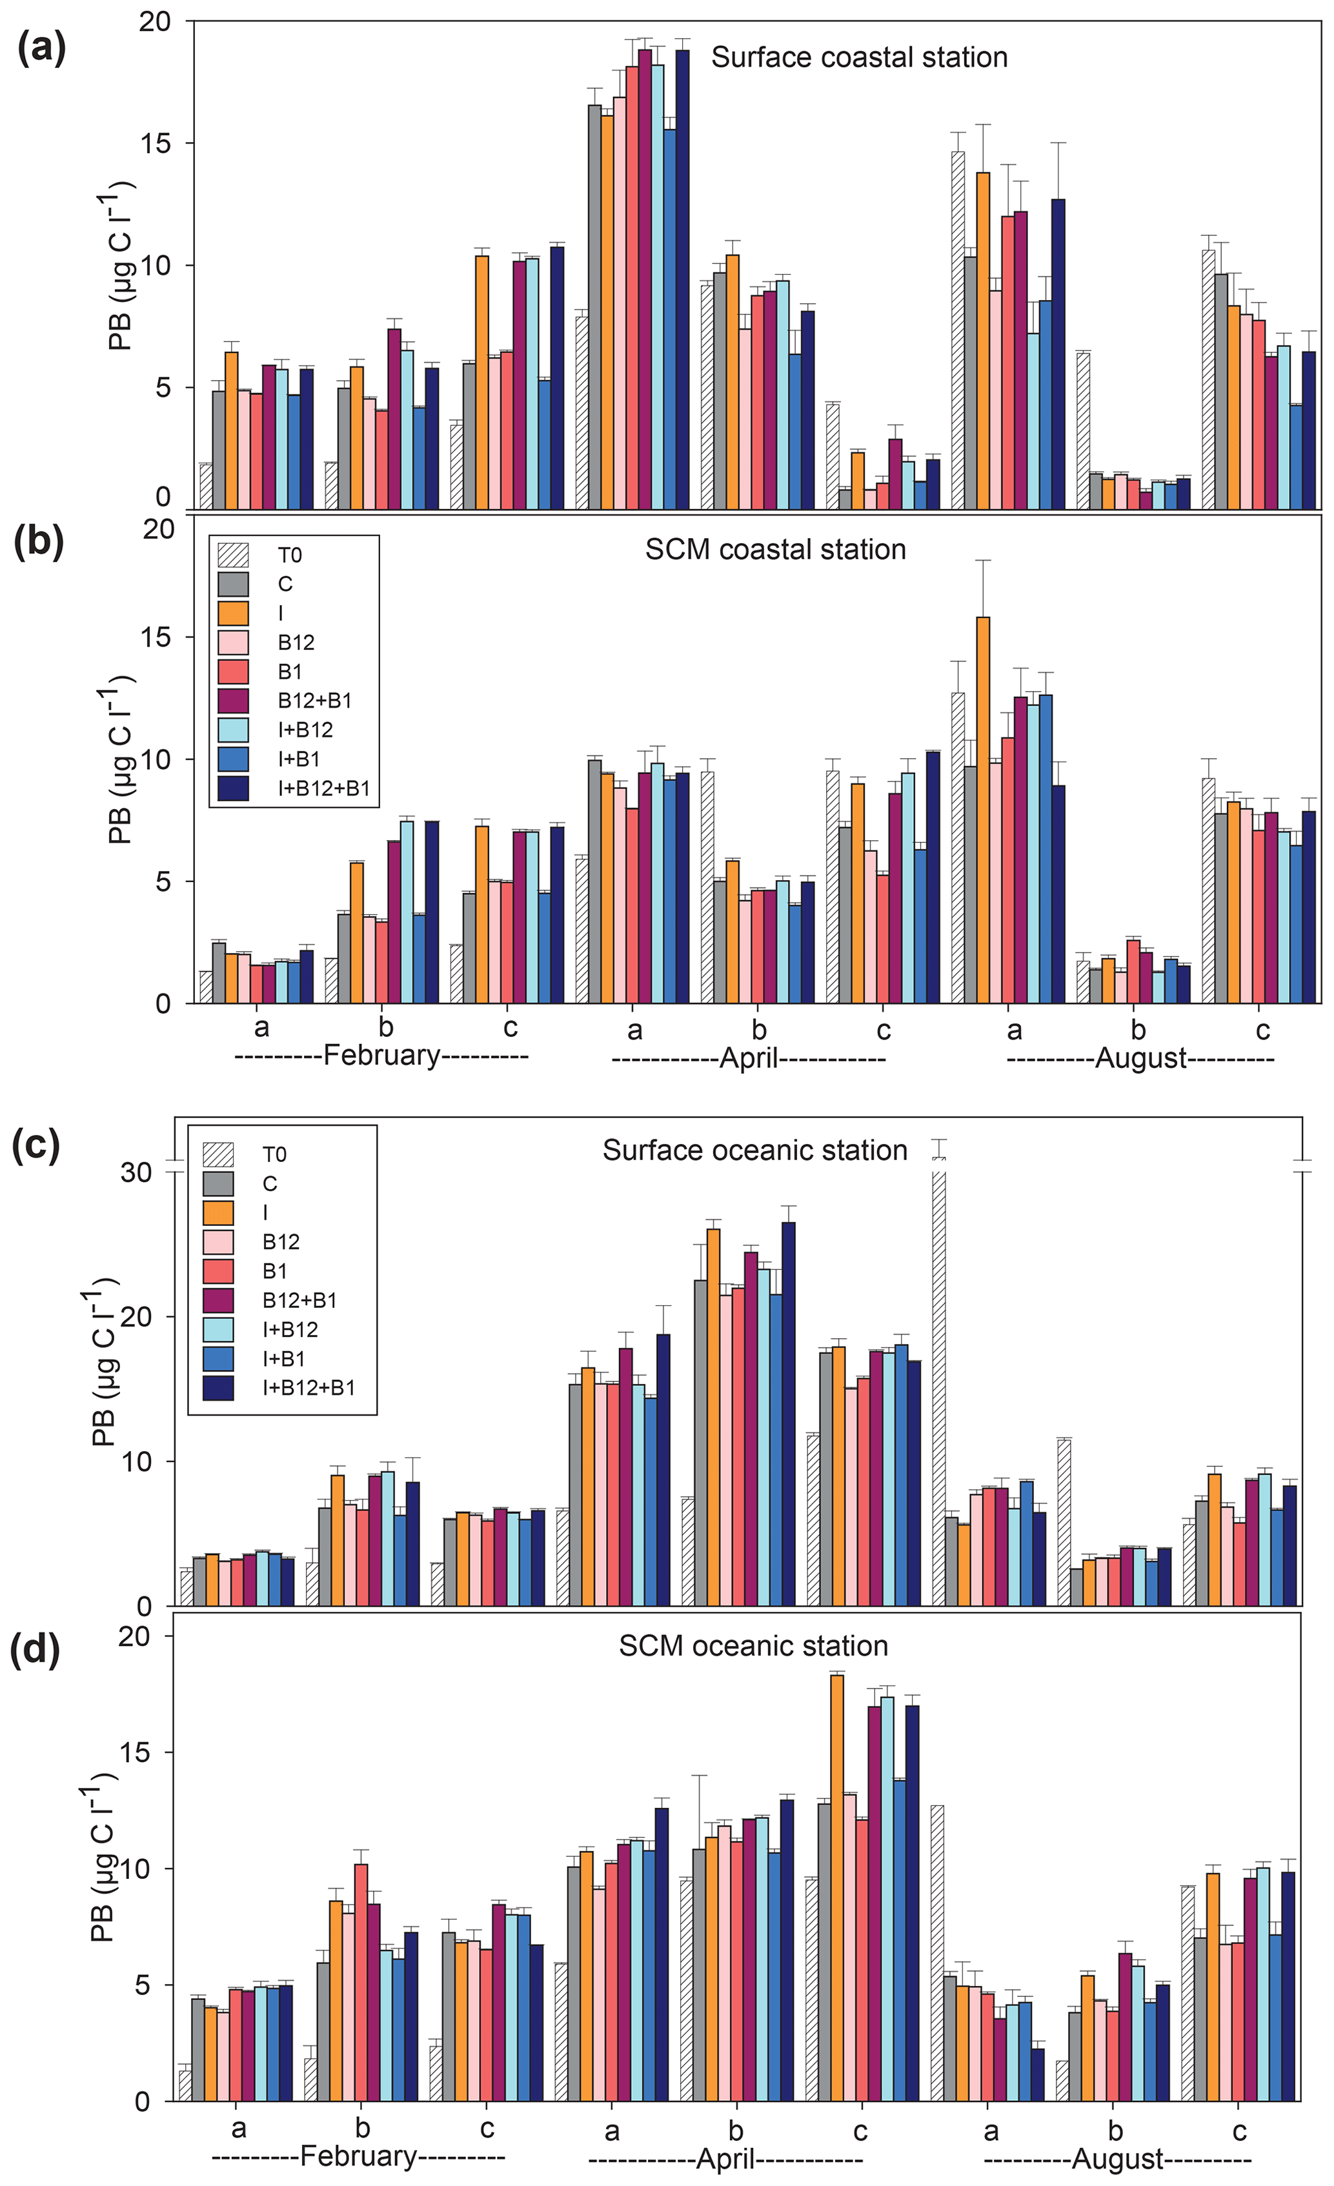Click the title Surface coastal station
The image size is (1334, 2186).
point(859,57)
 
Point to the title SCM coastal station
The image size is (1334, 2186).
point(775,550)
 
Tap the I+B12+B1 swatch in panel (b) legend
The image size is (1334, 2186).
point(234,788)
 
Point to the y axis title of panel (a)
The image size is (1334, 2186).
point(121,266)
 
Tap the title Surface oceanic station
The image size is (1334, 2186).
point(754,1150)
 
